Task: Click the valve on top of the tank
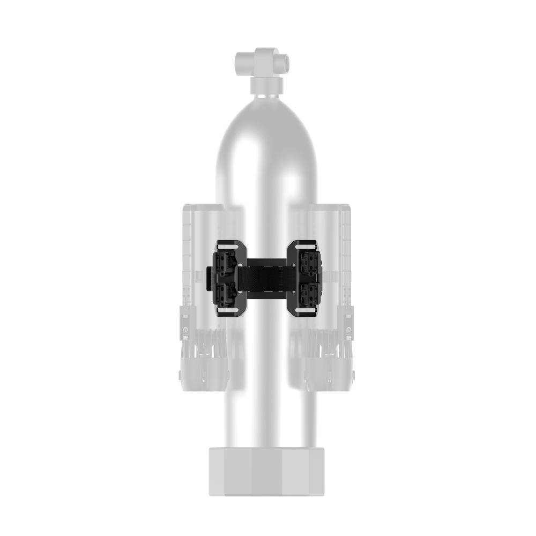click(262, 65)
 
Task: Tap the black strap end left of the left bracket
click(210, 277)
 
